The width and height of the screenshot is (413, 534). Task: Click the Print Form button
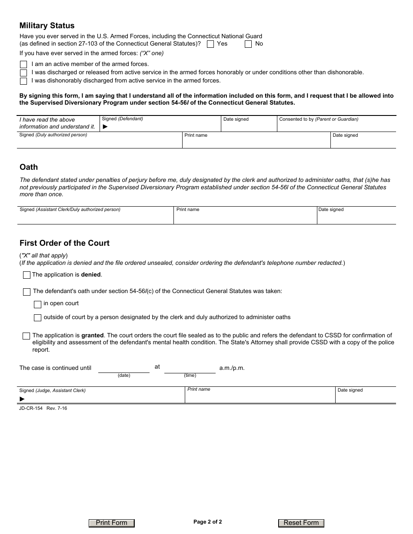point(112,523)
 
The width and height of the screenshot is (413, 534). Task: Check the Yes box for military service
point(210,44)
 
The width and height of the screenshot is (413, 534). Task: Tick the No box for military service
point(248,44)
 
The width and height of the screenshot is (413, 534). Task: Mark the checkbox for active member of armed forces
point(23,64)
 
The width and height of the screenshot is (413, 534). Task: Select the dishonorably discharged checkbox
point(23,81)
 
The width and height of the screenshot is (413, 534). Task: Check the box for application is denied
point(27,275)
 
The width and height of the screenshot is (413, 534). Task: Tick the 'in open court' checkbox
point(37,304)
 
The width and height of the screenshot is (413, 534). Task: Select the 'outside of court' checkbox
point(37,318)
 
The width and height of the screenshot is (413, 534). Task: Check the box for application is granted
point(27,336)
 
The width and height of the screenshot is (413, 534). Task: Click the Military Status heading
point(47,26)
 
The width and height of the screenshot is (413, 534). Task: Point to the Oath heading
point(29,167)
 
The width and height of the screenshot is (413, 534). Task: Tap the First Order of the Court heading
point(64,243)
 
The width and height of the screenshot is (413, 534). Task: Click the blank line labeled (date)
point(124,369)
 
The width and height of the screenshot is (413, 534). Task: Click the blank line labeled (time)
point(190,369)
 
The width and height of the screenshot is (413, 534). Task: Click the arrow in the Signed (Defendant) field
point(105,127)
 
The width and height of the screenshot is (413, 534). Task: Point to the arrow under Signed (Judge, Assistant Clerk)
point(22,399)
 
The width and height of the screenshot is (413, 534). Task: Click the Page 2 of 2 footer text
point(207,522)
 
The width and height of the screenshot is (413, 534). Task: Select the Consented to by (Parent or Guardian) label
point(319,119)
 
